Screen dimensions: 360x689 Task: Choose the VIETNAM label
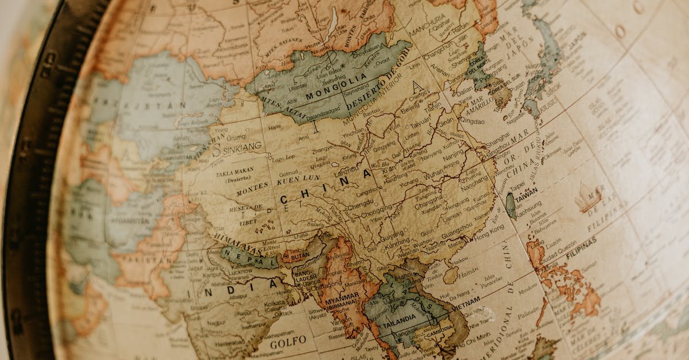pos(466,303)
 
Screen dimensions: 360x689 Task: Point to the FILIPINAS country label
pos(580,247)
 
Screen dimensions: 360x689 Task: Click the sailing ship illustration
pos(588,198)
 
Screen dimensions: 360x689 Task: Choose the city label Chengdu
pos(361,203)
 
